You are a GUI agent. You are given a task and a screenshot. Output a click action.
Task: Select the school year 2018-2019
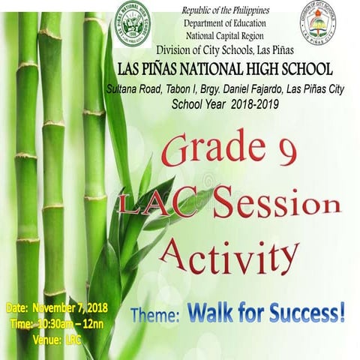252,103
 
